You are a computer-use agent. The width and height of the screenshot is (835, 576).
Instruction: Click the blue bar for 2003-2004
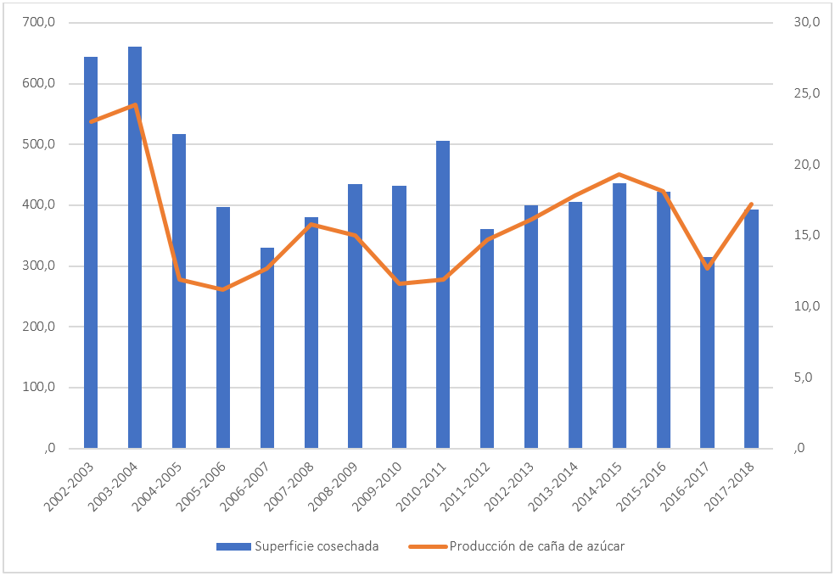click(135, 247)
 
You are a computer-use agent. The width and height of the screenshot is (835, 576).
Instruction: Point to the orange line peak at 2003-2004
click(135, 105)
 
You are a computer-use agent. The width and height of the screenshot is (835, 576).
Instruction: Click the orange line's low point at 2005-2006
click(223, 289)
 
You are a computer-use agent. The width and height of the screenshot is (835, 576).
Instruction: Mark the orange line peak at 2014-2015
click(619, 174)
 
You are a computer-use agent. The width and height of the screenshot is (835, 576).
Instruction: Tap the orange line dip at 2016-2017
click(707, 268)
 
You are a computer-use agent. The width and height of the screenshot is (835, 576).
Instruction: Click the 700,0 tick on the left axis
click(38, 23)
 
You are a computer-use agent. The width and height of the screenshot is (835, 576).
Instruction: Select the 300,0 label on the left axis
click(38, 266)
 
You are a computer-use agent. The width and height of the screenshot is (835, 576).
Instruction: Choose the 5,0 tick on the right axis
click(807, 377)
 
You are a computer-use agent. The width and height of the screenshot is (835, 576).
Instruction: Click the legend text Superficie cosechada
click(317, 546)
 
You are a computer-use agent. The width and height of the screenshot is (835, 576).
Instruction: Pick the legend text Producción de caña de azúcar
click(537, 546)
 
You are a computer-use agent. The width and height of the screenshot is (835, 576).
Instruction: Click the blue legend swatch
click(233, 546)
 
